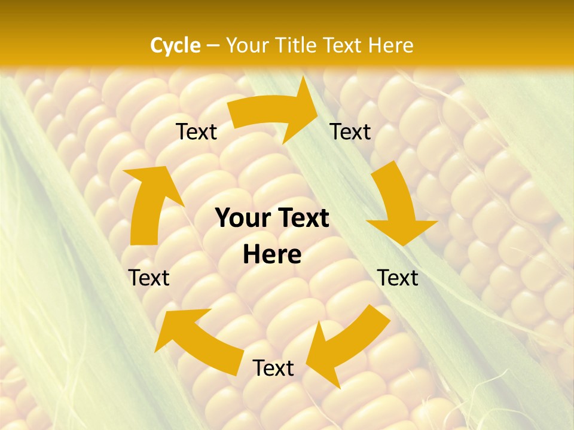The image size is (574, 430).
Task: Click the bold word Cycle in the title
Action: click(x=175, y=45)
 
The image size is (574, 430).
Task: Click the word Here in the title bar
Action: click(x=392, y=45)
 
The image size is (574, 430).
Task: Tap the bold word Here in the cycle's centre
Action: click(x=272, y=255)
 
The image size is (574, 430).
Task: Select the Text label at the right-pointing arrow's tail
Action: click(x=196, y=132)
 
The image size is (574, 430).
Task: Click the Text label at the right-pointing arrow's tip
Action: click(x=350, y=132)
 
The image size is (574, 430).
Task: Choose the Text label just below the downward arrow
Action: click(x=398, y=278)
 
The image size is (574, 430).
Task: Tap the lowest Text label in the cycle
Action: click(x=273, y=368)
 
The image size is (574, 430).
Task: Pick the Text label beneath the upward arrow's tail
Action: click(x=149, y=278)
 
